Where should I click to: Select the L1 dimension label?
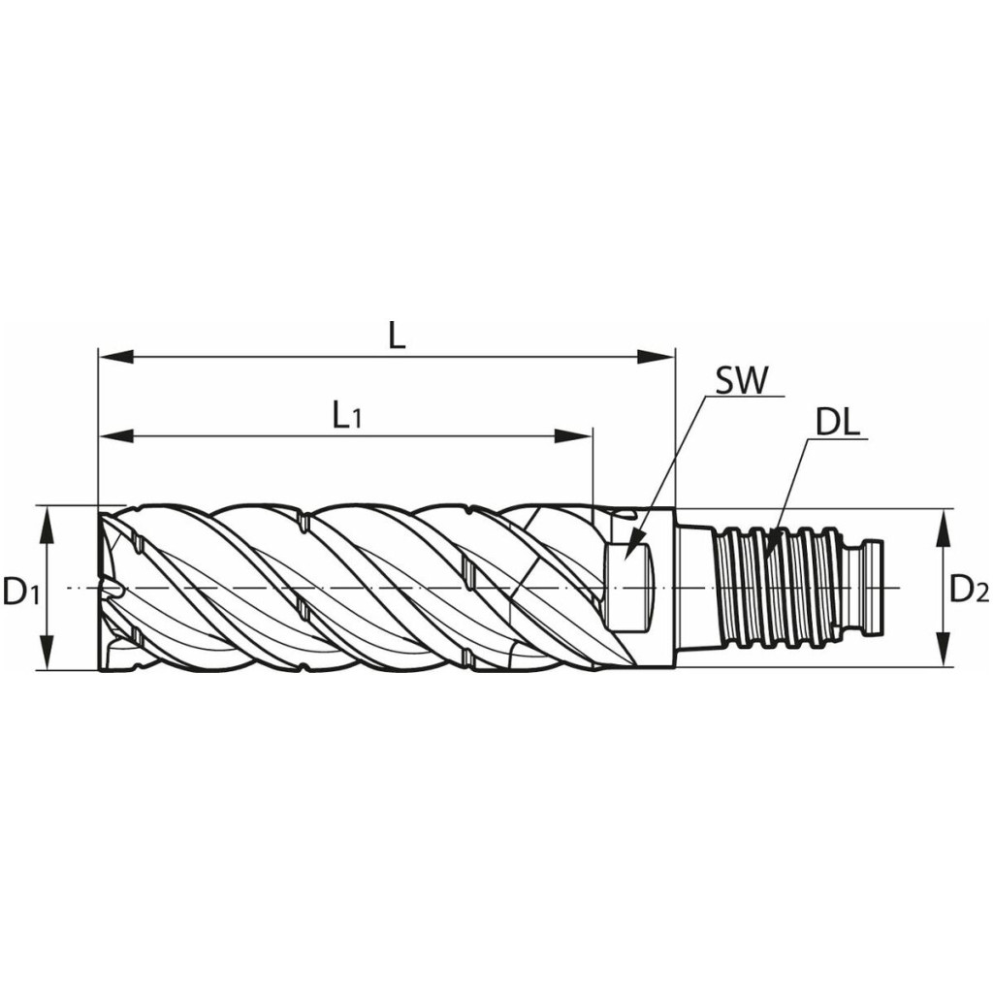click(346, 417)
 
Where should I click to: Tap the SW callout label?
click(741, 381)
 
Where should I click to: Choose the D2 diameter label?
click(969, 591)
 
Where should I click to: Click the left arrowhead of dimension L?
click(116, 357)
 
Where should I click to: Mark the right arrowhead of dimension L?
click(657, 357)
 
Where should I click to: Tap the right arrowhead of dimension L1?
click(574, 436)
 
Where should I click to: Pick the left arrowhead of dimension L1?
click(116, 436)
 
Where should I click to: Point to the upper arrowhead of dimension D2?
click(944, 527)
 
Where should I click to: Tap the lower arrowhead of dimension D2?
click(944, 649)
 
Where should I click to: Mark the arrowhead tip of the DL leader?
click(762, 560)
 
